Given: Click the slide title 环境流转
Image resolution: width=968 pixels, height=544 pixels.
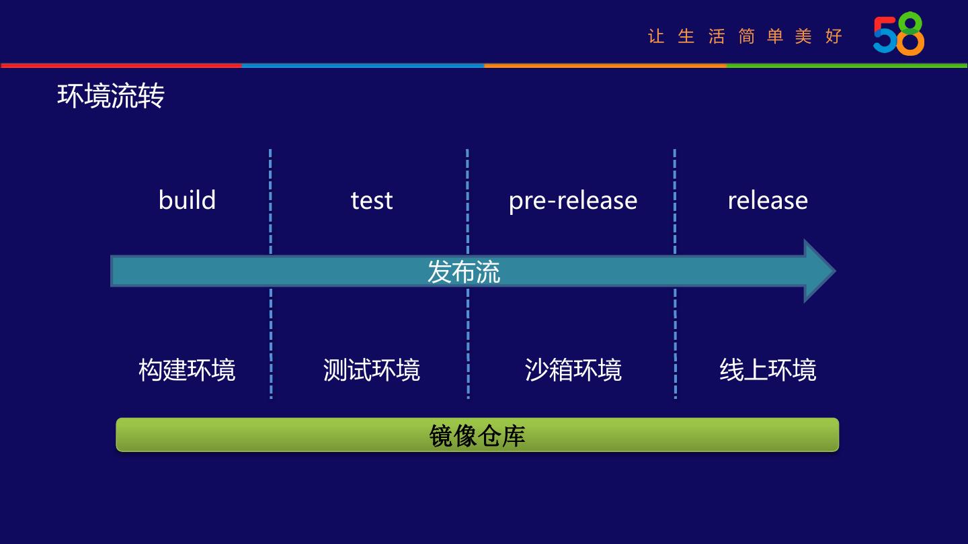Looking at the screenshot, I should (111, 96).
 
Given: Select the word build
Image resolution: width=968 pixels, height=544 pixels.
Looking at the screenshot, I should (187, 200).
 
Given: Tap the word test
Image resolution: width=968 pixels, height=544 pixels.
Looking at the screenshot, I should (372, 200).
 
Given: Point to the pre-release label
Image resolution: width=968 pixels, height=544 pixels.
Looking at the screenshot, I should (573, 200).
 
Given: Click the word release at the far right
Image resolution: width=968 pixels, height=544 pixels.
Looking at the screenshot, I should (768, 200).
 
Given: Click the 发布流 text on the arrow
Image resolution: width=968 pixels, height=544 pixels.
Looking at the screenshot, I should (464, 272).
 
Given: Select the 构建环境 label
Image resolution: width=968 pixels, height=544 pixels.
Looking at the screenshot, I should (187, 370).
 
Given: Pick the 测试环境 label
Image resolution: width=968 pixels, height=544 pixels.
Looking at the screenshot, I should (372, 370).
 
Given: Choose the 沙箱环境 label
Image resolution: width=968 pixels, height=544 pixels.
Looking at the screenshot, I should (573, 370).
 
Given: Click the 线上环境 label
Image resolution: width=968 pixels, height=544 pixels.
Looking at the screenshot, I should (768, 370).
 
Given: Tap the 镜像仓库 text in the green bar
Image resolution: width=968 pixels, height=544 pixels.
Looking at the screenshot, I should (477, 435).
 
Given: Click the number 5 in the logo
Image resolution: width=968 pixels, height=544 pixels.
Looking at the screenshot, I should (885, 35).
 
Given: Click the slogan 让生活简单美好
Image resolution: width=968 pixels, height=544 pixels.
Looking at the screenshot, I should (745, 36).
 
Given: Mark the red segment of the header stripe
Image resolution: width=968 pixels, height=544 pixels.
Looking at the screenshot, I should (121, 65).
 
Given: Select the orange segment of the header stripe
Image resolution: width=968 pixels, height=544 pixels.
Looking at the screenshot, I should (605, 65).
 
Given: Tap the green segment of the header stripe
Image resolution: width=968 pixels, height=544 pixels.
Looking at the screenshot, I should (847, 65).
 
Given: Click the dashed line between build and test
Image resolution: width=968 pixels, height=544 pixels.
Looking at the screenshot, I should (270, 201).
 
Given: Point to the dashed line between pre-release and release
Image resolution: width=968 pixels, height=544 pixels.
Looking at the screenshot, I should (674, 201).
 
